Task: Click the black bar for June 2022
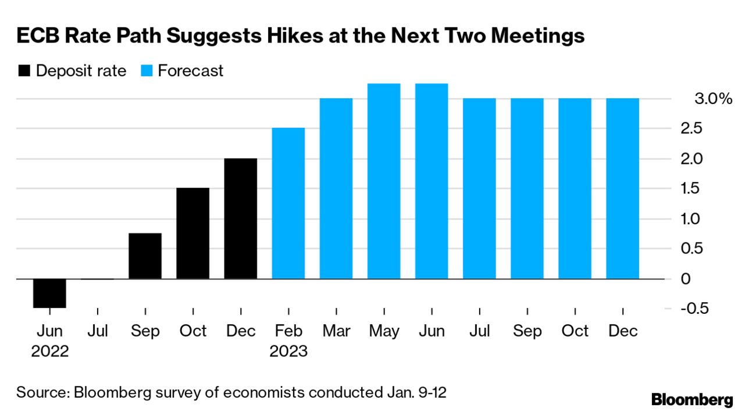[x=49, y=293]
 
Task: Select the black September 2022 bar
[x=145, y=256]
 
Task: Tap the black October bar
[x=192, y=233]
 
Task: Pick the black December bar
[x=240, y=219]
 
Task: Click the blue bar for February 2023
[x=288, y=203]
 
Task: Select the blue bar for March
[x=336, y=188]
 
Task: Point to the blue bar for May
[x=384, y=181]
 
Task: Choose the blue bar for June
[x=431, y=181]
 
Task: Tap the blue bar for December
[x=622, y=188]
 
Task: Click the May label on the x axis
[x=384, y=331]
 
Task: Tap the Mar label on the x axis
[x=336, y=331]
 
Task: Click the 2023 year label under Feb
[x=288, y=351]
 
